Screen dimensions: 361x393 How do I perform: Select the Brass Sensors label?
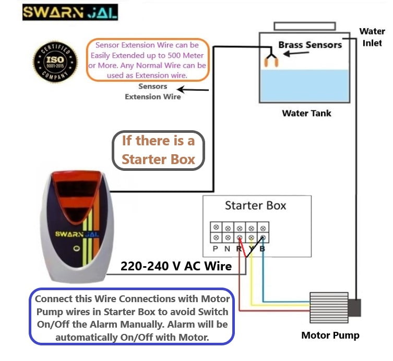click(309, 44)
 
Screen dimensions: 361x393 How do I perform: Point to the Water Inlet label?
click(372, 37)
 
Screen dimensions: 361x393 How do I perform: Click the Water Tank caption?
click(306, 113)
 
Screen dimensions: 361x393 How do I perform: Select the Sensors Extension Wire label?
click(153, 92)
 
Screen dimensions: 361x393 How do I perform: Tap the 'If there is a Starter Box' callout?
click(158, 150)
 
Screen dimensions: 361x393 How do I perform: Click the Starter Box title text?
click(255, 205)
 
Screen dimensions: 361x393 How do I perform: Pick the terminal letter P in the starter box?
click(215, 250)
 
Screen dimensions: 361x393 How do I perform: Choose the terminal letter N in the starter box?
click(228, 250)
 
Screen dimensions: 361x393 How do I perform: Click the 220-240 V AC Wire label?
click(176, 266)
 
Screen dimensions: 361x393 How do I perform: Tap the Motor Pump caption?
click(330, 335)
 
